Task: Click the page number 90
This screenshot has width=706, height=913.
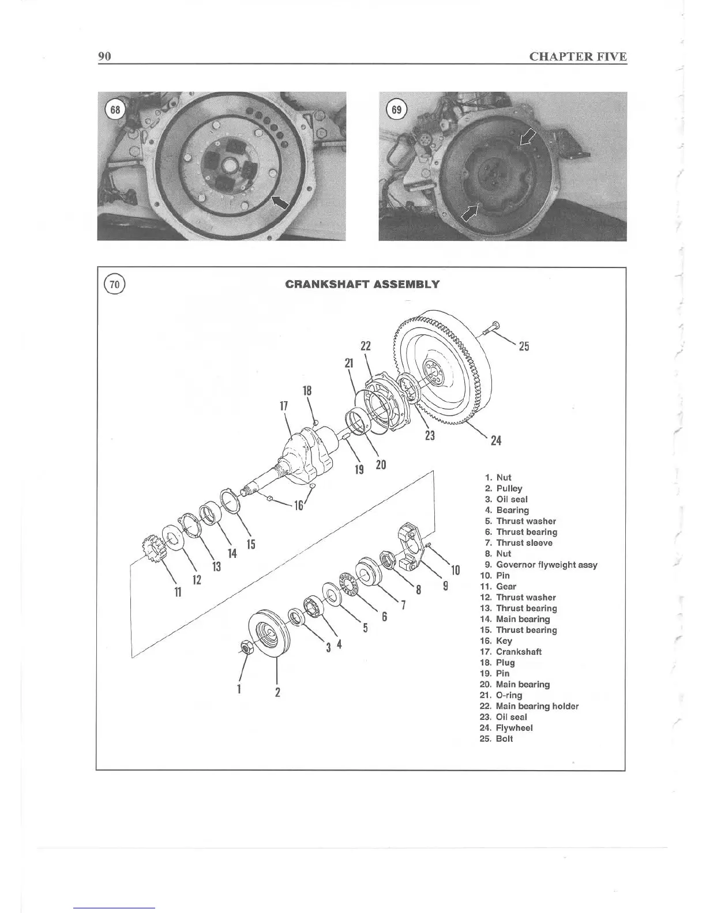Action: tap(104, 56)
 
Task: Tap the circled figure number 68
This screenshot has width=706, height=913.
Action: tap(115, 110)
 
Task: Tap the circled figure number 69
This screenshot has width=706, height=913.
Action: tap(397, 110)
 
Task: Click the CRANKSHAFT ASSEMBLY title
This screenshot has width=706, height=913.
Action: tap(362, 284)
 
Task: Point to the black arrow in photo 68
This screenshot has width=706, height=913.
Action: tap(280, 202)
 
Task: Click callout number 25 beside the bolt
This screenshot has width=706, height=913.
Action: tap(524, 346)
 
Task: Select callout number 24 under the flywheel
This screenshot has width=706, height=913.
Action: tap(495, 441)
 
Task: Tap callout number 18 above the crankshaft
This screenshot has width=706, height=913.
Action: tap(307, 390)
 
